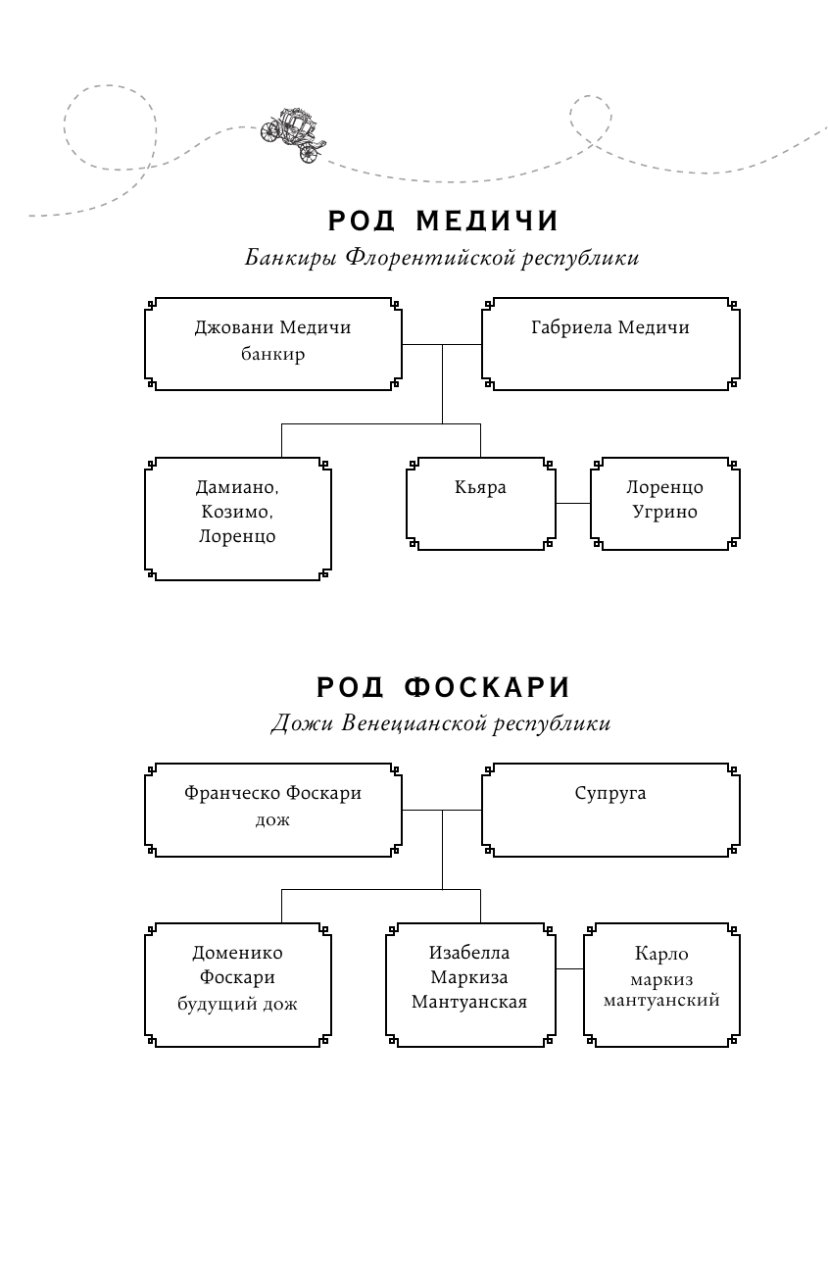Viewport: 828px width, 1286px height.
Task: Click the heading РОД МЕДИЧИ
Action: (443, 222)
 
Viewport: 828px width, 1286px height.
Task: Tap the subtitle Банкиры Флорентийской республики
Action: (442, 259)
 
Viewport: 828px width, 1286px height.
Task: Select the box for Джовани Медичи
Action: (272, 343)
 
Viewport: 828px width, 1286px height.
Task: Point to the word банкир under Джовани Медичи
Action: (272, 355)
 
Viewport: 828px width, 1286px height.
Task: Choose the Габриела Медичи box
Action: (609, 343)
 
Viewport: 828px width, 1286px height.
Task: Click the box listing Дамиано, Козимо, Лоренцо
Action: (237, 518)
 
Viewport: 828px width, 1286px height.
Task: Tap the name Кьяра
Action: (480, 487)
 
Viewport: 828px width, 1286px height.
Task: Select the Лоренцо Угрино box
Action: (664, 502)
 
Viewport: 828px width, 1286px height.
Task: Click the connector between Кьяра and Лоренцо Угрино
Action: (573, 503)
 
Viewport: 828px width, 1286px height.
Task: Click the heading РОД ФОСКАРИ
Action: (443, 687)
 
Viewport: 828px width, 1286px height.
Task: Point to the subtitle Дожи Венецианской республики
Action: (441, 724)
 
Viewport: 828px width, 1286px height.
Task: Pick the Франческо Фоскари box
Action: (272, 809)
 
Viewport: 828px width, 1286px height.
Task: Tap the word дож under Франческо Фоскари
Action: (272, 820)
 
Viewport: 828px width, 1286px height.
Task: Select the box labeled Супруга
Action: (609, 809)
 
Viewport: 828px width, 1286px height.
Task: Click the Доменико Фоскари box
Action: (237, 983)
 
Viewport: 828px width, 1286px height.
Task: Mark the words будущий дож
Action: (237, 1004)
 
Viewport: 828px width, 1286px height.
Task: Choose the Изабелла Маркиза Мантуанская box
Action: (469, 983)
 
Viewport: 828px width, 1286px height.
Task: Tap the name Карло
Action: (661, 954)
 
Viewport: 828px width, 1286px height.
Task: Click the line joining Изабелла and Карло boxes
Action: (569, 968)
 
